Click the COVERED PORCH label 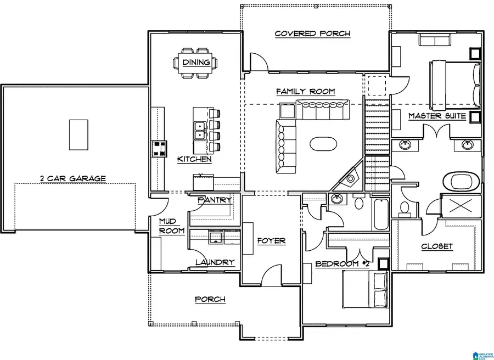click(x=312, y=33)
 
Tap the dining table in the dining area click(x=197, y=62)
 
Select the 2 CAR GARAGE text click(x=72, y=178)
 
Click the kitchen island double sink click(x=199, y=131)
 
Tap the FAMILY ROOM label click(x=305, y=92)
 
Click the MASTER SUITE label click(x=437, y=116)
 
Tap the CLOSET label click(x=437, y=246)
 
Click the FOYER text click(x=271, y=241)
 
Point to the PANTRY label click(x=214, y=200)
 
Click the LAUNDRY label click(x=215, y=262)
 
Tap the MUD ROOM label click(x=171, y=226)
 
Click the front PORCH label click(x=210, y=299)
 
